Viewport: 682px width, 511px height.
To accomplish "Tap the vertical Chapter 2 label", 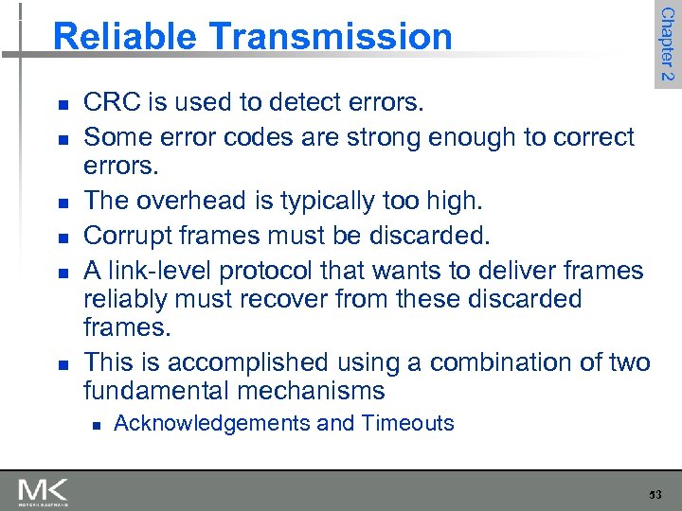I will point(667,44).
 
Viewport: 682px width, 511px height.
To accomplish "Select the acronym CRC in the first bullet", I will point(110,101).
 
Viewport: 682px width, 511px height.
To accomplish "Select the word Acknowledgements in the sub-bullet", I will point(211,423).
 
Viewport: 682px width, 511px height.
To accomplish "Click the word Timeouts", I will point(408,423).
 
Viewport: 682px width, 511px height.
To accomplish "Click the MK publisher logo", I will point(43,492).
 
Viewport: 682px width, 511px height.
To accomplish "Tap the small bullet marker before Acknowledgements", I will point(93,424).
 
